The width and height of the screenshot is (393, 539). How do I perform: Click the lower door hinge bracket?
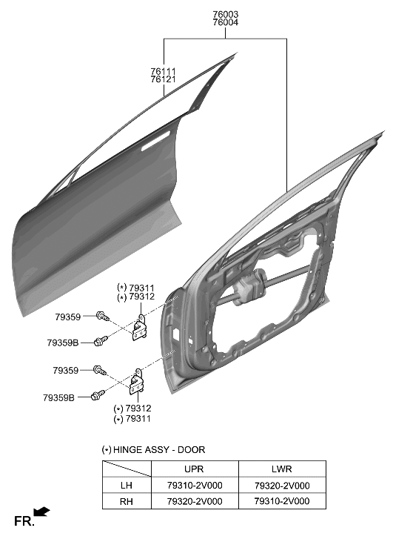[x=137, y=383]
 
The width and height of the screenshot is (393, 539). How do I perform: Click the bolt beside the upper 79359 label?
[x=102, y=317]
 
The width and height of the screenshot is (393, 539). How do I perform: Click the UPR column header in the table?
[x=194, y=469]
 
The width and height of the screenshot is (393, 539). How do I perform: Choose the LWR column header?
[x=281, y=469]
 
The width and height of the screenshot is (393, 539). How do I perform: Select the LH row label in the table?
[x=126, y=485]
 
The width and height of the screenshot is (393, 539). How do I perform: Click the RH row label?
[x=126, y=501]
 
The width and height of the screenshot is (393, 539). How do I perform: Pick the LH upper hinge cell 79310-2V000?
[x=194, y=485]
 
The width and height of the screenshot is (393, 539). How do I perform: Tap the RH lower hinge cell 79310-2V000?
[x=281, y=501]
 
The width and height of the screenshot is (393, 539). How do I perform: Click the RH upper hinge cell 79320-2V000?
[x=194, y=501]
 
